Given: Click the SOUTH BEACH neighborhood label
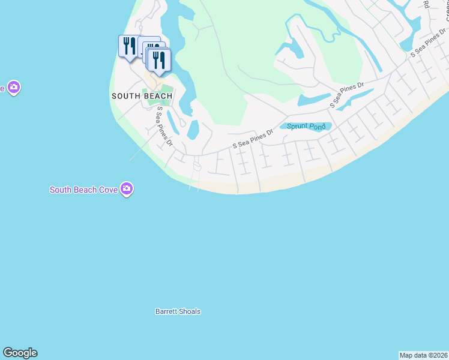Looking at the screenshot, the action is coord(142,96).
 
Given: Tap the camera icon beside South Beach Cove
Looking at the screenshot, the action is coord(126,189).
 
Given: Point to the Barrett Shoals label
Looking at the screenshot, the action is coord(178,311).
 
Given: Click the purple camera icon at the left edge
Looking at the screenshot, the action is coord(14,88).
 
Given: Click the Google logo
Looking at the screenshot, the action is coord(20,353).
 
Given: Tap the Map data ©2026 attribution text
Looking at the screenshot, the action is coord(424,355).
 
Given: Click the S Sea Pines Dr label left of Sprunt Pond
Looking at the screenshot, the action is coord(253,139).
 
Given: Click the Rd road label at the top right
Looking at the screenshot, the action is coord(426,4).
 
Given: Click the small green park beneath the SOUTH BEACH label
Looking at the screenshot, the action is coord(157,95).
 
